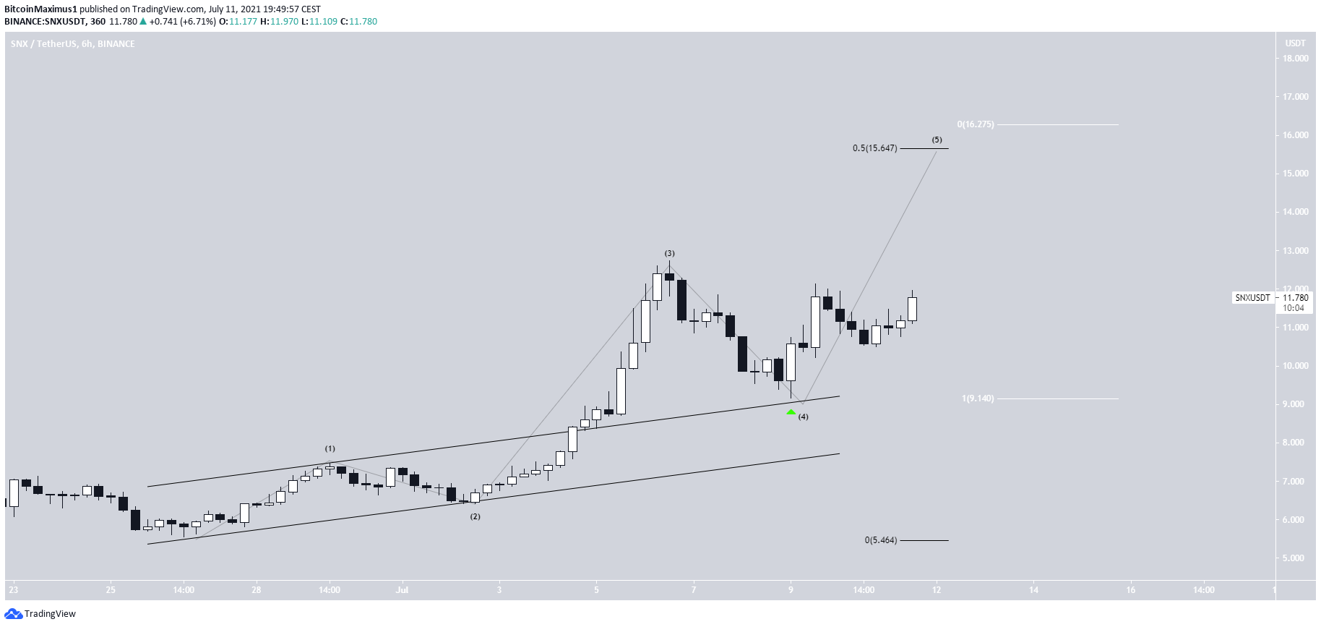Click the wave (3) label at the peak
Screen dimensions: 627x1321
(x=670, y=253)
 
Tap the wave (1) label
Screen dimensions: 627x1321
(x=330, y=448)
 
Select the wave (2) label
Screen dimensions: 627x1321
(x=475, y=516)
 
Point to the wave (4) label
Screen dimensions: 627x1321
(x=803, y=417)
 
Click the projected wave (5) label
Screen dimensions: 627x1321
(x=937, y=140)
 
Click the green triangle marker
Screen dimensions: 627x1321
(x=791, y=412)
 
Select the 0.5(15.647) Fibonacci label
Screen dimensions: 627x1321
(x=874, y=148)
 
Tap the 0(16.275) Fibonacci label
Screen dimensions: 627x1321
(x=976, y=124)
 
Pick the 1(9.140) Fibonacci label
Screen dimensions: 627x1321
(x=978, y=398)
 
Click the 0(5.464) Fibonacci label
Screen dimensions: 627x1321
(x=881, y=540)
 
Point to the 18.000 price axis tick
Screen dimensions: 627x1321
(x=1295, y=59)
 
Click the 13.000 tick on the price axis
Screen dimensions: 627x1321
(x=1295, y=251)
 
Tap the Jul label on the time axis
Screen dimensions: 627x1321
(x=402, y=590)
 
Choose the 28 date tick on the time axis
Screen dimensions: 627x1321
(x=257, y=590)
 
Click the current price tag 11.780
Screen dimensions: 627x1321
(x=1295, y=297)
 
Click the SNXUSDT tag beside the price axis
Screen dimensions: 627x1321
(x=1252, y=298)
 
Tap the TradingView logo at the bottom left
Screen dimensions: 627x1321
(x=40, y=614)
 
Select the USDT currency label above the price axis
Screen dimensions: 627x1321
(x=1295, y=43)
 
